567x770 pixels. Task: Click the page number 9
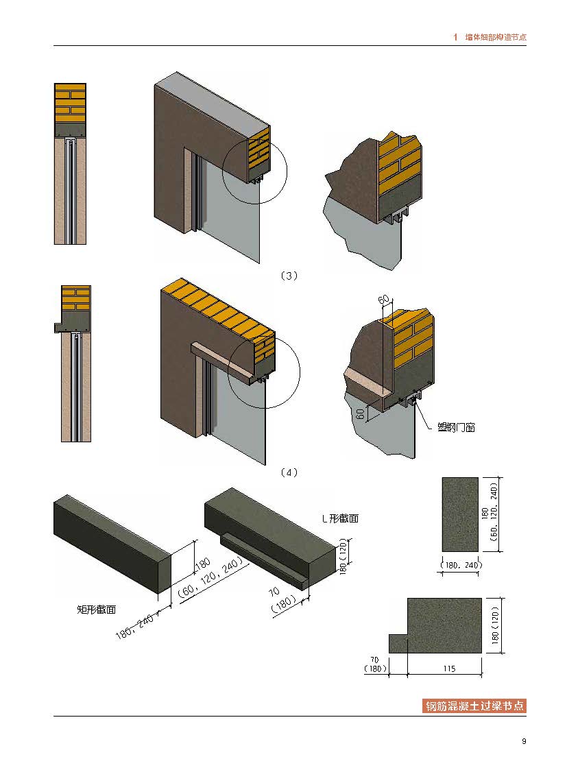(524, 741)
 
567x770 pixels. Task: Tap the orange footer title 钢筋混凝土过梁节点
(474, 706)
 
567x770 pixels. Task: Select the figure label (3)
(289, 276)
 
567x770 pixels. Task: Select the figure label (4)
(289, 472)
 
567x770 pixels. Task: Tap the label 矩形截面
(96, 608)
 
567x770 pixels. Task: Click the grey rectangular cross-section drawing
(460, 514)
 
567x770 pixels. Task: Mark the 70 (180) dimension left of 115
(376, 665)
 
